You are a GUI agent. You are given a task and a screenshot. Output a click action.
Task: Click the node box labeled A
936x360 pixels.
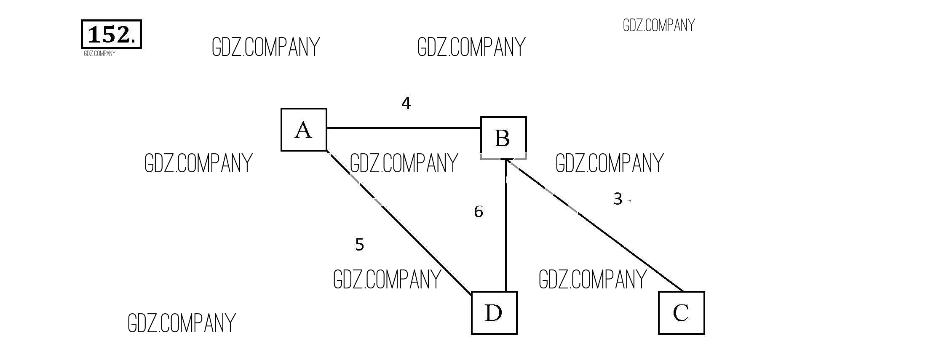point(304,130)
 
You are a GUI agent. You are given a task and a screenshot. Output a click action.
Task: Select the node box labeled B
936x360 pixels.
point(503,138)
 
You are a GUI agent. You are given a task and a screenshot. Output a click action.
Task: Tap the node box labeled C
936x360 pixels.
point(681,313)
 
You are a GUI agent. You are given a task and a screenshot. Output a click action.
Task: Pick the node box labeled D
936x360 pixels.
point(494,313)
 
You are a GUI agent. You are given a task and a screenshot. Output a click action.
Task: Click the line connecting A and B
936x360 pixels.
point(404,128)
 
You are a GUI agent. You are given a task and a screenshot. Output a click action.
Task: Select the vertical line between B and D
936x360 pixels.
point(505,236)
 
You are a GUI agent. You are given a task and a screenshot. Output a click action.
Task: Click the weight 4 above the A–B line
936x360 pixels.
point(406,103)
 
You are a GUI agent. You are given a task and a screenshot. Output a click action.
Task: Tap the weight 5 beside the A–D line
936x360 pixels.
point(359,245)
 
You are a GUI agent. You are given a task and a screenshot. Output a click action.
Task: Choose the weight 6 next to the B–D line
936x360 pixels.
point(479,212)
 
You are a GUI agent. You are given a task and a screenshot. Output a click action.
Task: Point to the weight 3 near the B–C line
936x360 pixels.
point(618,199)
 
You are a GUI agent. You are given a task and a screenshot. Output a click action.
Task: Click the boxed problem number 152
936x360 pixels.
point(111,34)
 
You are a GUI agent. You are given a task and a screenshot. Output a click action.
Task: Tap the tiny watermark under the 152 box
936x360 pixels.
point(99,53)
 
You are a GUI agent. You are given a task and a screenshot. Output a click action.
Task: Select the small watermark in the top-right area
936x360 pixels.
point(658,25)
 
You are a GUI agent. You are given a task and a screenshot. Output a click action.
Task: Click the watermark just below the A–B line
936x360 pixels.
point(404,163)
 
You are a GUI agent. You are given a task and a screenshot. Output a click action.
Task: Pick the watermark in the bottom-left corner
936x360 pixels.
point(181,323)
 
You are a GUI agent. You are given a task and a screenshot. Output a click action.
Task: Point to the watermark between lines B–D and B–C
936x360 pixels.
point(592,279)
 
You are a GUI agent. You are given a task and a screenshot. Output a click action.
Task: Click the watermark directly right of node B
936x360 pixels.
point(609,163)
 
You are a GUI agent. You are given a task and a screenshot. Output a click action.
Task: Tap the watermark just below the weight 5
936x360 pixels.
point(387,279)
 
